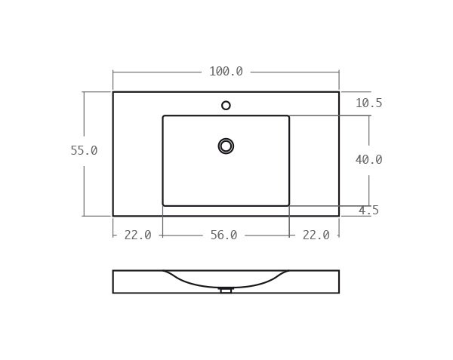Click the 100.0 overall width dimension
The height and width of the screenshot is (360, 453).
tap(226, 72)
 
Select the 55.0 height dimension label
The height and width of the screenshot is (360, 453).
tap(84, 151)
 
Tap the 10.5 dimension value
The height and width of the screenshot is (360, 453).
tap(368, 103)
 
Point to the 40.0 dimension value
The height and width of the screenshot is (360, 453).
tap(368, 160)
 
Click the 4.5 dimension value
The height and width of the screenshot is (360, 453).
tap(368, 211)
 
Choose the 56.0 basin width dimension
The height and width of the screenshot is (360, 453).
tap(223, 235)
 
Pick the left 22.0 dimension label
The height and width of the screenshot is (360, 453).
tap(137, 235)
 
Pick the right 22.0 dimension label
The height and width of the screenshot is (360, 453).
tap(316, 235)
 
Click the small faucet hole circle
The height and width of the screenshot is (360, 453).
tap(226, 106)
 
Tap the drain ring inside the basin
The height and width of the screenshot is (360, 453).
tap(226, 146)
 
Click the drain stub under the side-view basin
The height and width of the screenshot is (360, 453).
tap(226, 291)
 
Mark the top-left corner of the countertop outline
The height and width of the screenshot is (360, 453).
tap(113, 92)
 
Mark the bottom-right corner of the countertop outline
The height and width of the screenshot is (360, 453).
tap(339, 216)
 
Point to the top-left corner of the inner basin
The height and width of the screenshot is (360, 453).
tap(163, 116)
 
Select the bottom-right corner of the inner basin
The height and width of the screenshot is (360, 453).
tap(288, 205)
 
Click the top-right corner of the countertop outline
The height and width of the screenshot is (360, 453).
tap(339, 92)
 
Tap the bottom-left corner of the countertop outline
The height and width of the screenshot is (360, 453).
tap(113, 216)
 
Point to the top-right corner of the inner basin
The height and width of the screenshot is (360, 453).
tap(288, 116)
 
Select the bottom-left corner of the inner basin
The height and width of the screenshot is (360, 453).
tap(163, 205)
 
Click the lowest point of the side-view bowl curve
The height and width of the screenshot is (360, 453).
tap(226, 288)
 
